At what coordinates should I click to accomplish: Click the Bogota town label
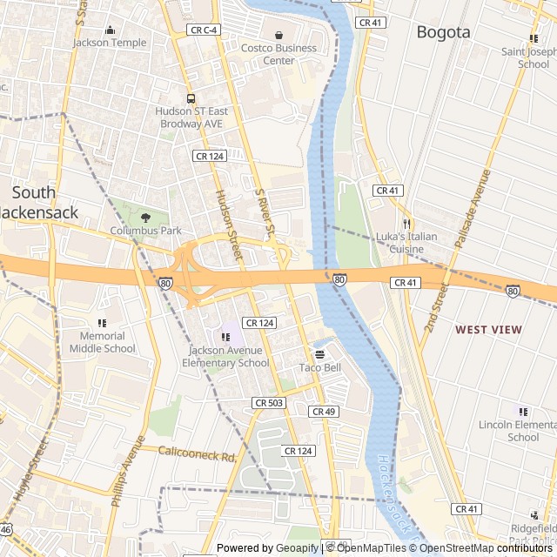point(443,32)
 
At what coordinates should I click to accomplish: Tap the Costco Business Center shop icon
point(278,36)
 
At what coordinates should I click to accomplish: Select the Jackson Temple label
point(110,42)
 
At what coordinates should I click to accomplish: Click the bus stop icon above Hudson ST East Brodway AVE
point(191,98)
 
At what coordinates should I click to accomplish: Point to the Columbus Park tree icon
point(145,218)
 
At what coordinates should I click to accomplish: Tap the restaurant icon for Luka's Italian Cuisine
point(406,224)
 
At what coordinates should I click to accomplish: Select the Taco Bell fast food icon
point(319,354)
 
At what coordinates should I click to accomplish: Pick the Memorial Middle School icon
point(103,323)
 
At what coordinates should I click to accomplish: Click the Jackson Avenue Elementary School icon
point(225,338)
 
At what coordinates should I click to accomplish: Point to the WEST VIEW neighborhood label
point(488,330)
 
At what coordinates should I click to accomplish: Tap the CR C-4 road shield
point(204,30)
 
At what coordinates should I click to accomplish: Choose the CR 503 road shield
point(269,403)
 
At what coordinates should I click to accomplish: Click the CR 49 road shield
point(322,412)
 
